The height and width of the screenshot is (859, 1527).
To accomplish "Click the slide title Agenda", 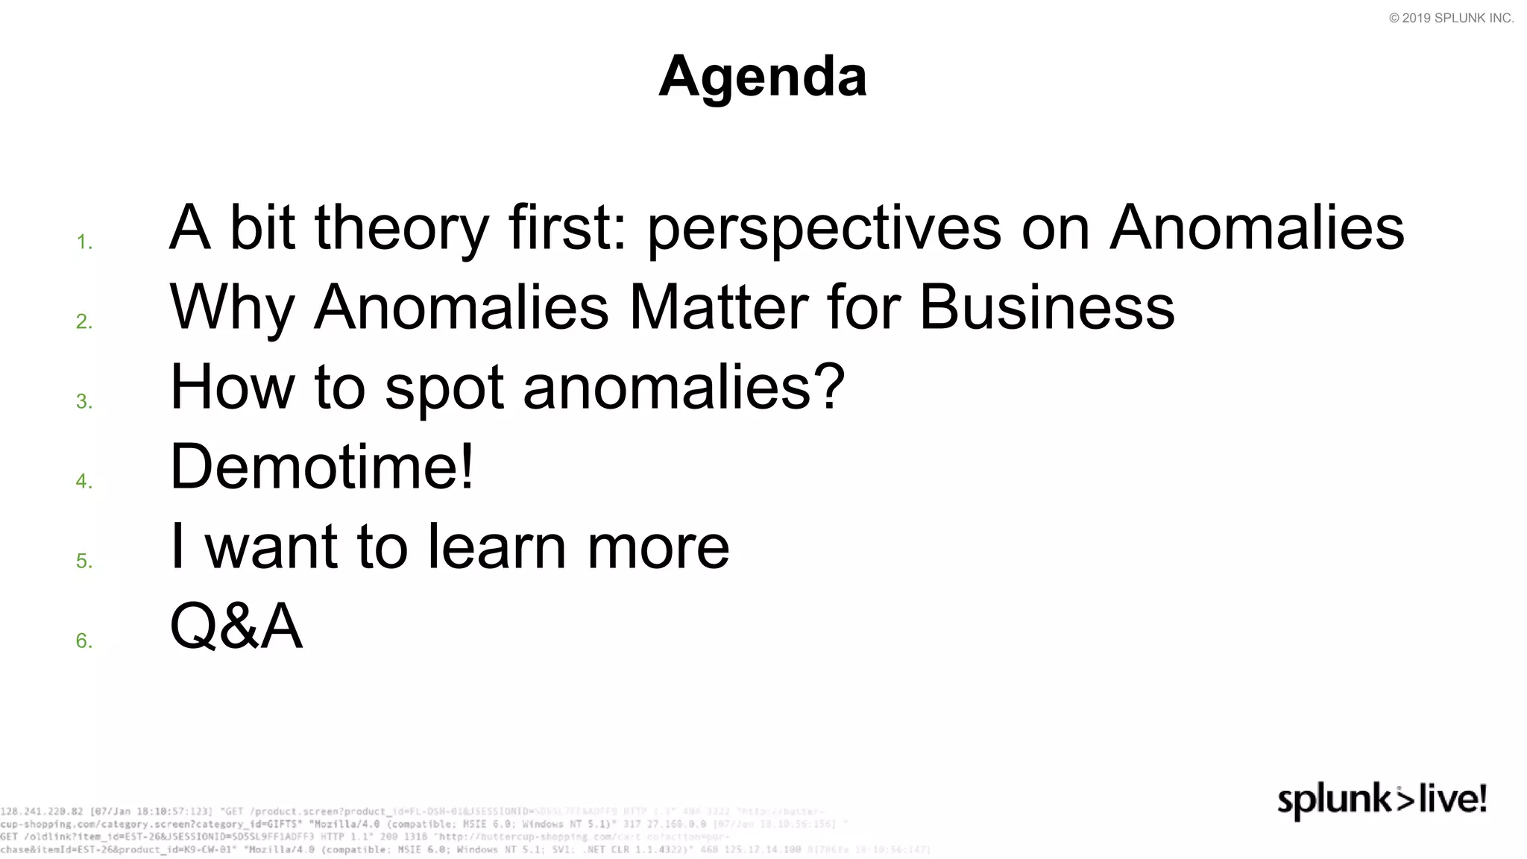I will point(763,76).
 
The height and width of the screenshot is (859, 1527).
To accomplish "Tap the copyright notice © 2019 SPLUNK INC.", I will point(1451,19).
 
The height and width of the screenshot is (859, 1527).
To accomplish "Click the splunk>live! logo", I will point(1382,801).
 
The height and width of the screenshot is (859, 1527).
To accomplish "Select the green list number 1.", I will point(84,242).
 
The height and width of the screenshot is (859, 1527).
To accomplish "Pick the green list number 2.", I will point(84,322).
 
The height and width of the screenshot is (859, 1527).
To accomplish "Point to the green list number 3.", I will point(84,402).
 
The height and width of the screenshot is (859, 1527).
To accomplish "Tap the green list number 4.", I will point(84,482).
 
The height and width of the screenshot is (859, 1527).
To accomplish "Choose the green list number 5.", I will point(84,561).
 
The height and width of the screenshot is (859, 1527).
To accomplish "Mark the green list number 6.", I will point(84,641).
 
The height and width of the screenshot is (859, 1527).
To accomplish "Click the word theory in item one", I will point(401,228).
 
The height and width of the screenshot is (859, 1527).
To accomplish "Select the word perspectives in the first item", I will point(824,228).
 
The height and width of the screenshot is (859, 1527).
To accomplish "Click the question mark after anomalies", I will point(830,386).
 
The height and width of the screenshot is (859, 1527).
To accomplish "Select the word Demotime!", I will point(322,467).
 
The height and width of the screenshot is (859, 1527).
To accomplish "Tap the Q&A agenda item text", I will point(236,626).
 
